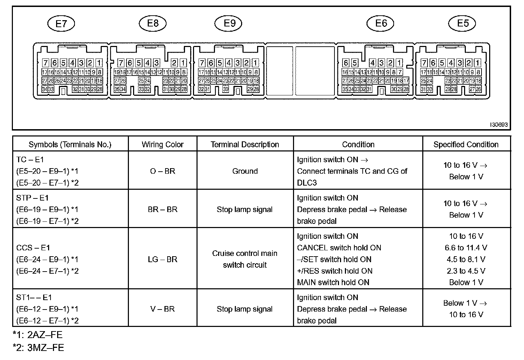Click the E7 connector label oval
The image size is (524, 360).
[61, 24]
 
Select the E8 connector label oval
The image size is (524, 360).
[153, 23]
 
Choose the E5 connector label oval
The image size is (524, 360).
[462, 23]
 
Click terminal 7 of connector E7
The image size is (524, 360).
[45, 63]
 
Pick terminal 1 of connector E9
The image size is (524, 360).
[255, 63]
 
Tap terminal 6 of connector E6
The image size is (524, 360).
[346, 63]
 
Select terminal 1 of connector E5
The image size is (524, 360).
[478, 63]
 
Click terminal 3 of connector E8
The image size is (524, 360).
[156, 63]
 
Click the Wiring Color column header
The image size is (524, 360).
[162, 144]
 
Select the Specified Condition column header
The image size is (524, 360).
[466, 144]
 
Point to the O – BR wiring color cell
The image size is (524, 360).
[162, 171]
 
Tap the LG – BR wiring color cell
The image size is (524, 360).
[162, 259]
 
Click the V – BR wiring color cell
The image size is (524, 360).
[162, 309]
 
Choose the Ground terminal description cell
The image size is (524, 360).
[245, 171]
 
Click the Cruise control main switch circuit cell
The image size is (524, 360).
[245, 259]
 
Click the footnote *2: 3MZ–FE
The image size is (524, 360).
[38, 347]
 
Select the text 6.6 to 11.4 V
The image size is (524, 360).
[466, 248]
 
